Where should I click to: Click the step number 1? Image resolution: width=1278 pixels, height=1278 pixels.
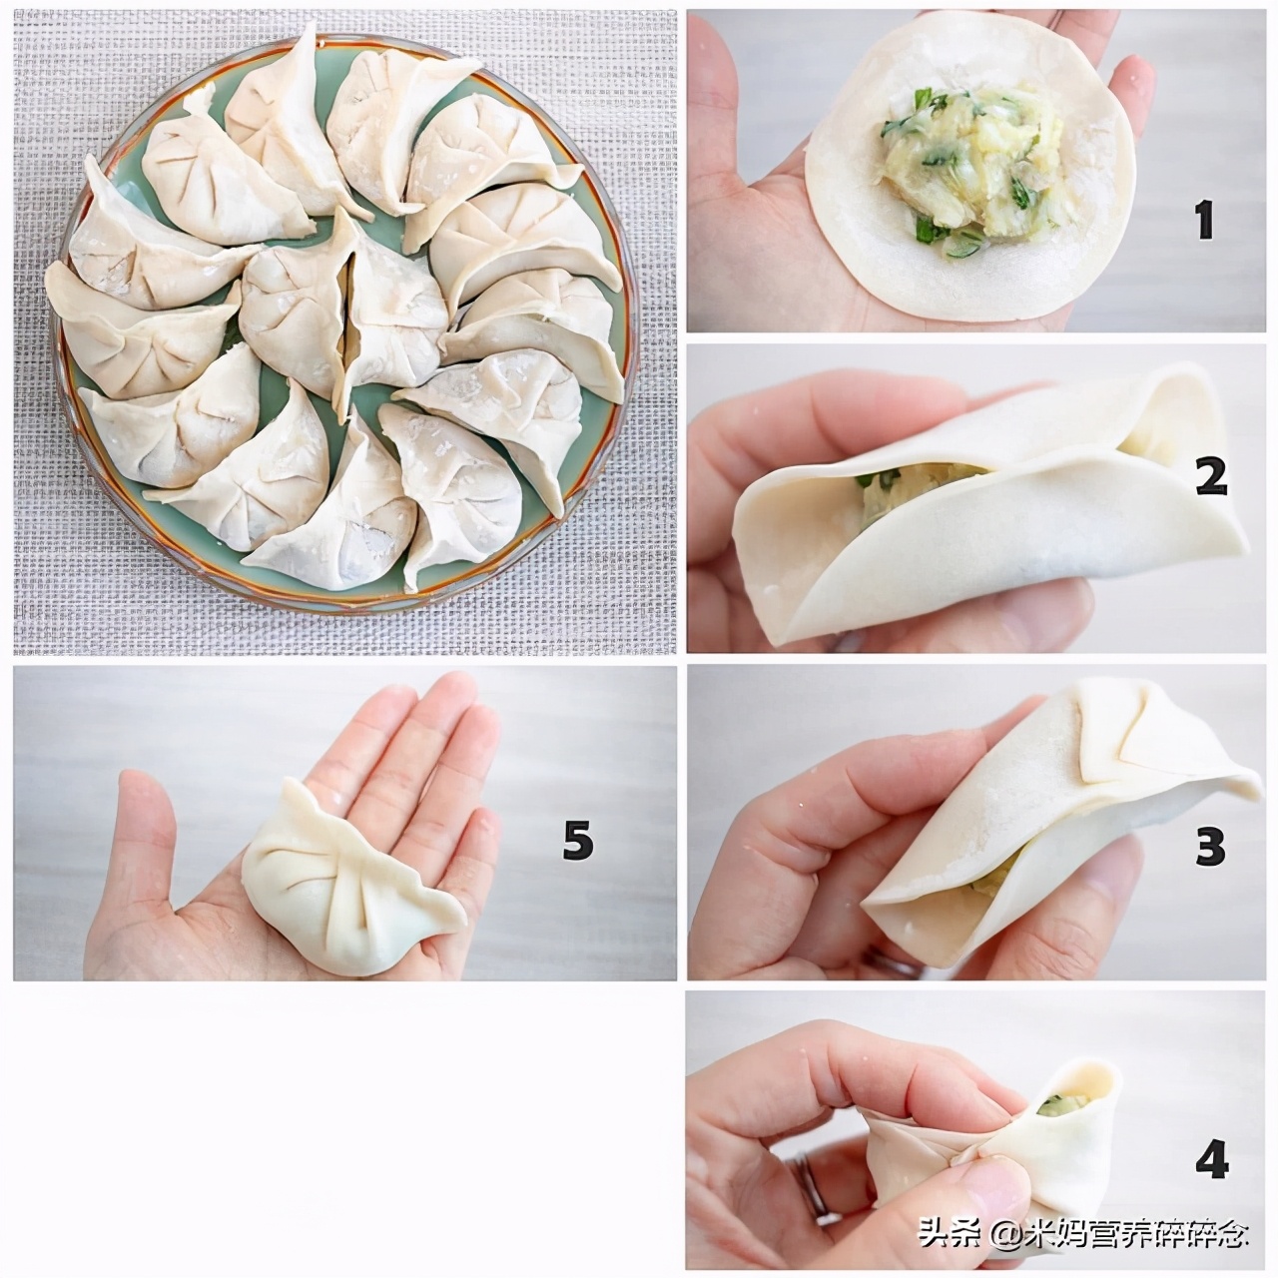click(1204, 220)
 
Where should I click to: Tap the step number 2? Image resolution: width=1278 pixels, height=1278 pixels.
click(1210, 477)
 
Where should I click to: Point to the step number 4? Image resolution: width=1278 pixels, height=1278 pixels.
click(1211, 1161)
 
